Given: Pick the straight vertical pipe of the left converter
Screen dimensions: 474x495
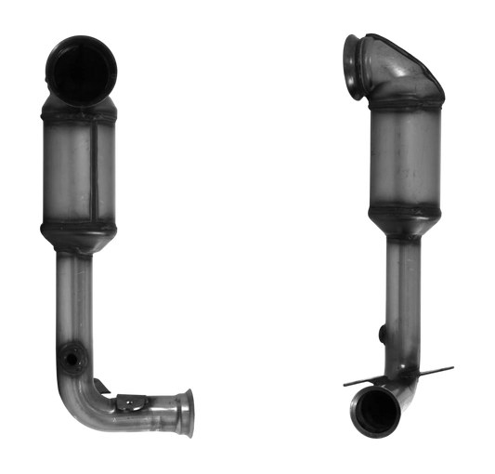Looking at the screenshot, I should tap(78, 297).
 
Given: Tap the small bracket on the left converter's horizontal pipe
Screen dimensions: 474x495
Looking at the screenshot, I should tap(125, 402).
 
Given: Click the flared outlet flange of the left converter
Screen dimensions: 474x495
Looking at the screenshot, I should tap(187, 410).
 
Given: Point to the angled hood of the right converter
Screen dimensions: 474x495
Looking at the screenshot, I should tap(399, 79).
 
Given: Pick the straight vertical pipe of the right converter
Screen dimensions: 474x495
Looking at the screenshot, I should tap(400, 297).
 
